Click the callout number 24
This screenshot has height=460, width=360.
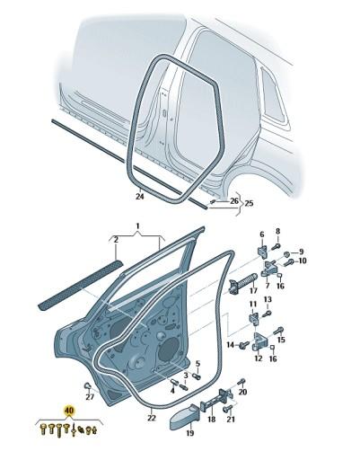pos(139,197)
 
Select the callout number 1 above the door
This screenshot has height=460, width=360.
pos(138,226)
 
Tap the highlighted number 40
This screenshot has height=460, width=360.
pos(67,414)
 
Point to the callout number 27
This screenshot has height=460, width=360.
pos(90,396)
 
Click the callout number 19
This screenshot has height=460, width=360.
pos(189,433)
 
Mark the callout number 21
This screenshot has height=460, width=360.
pos(230,420)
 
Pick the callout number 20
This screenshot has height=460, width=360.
pos(242,393)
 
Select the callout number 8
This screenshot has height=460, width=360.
pos(278,232)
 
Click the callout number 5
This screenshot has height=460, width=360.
pos(198,364)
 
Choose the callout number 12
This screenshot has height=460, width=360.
pos(259,359)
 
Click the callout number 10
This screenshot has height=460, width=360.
pos(303,261)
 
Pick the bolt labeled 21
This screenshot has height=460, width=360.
pos(230,406)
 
